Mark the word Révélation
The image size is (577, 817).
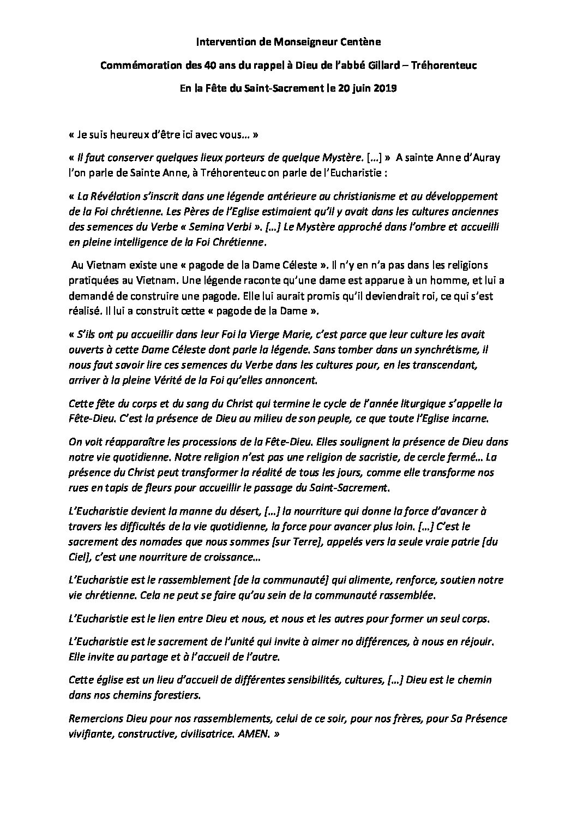[x=106, y=196]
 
